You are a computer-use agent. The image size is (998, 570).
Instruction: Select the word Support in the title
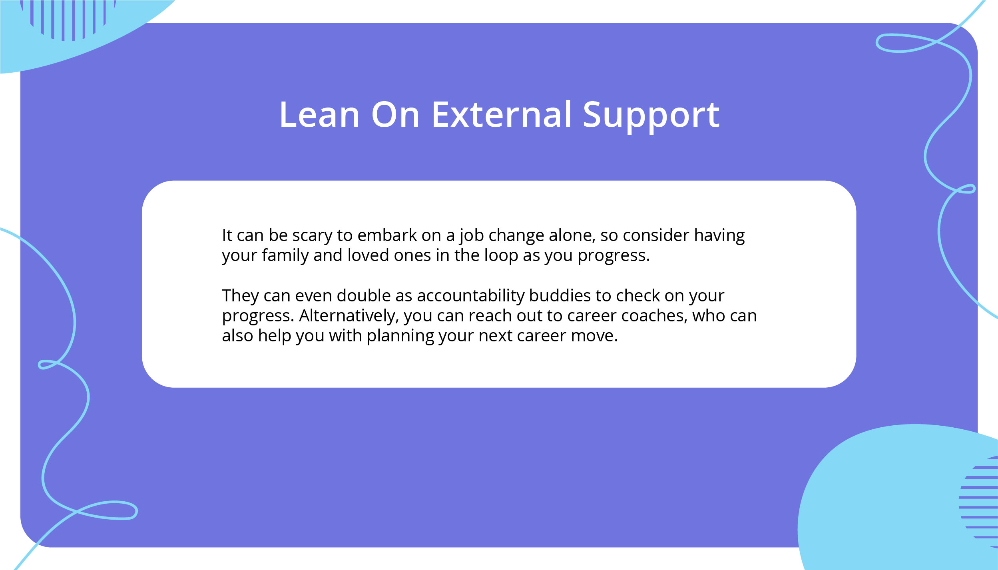651,116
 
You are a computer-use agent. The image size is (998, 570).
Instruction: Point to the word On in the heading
395,115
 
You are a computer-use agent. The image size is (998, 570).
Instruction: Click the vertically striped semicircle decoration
68,20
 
